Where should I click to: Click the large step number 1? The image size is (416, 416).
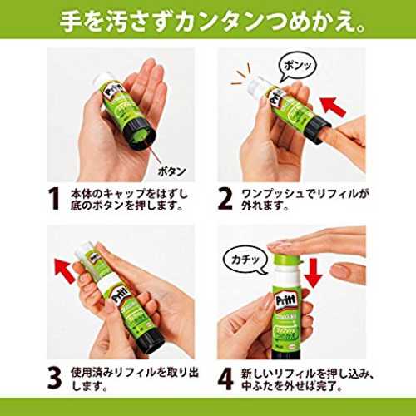tap(54, 198)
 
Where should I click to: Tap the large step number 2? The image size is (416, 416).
tap(225, 198)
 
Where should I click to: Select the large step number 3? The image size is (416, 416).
tap(55, 378)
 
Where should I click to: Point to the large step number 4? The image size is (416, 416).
tap(225, 378)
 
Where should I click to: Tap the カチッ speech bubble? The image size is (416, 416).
tap(245, 260)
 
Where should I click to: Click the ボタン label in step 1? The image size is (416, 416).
tap(172, 171)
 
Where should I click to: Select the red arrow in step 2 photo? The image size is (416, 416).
tap(333, 107)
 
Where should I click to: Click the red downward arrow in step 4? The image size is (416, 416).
tap(313, 273)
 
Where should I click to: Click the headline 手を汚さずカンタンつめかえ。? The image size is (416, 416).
tap(212, 21)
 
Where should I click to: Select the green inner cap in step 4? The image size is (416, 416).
tap(286, 259)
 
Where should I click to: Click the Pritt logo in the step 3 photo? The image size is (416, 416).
tap(119, 295)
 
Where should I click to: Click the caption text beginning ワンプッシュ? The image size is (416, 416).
tap(305, 199)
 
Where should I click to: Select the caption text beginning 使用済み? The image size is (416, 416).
tap(135, 379)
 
